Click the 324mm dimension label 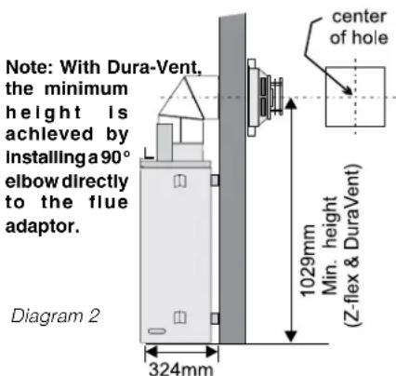(x=181, y=369)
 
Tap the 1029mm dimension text (x=308, y=260)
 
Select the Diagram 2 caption (x=56, y=316)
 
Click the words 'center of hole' (x=359, y=27)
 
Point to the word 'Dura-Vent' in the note (x=154, y=67)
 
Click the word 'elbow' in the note (x=32, y=181)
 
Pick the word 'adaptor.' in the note (x=43, y=226)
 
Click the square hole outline (x=326, y=96)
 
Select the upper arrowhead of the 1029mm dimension (x=291, y=104)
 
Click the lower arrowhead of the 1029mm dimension (x=291, y=337)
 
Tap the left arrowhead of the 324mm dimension (x=152, y=352)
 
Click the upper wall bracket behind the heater (x=215, y=180)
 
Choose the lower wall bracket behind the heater (x=215, y=318)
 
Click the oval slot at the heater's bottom (x=157, y=331)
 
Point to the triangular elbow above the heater (x=181, y=98)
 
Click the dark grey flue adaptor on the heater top (x=165, y=142)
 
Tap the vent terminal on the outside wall (x=265, y=98)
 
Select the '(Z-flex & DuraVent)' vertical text (x=352, y=245)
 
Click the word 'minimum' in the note (x=86, y=89)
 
